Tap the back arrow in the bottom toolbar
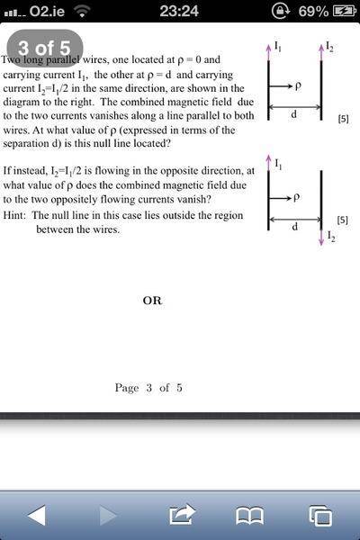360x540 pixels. [37, 515]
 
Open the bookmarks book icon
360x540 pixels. [249, 515]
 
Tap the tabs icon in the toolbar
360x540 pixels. [319, 515]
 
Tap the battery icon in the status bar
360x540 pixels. [345, 10]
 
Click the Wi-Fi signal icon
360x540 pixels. [83, 10]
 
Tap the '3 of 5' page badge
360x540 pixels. [46, 47]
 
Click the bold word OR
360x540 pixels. [152, 301]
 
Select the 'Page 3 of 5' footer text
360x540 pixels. [148, 388]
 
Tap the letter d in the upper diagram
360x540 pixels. [293, 114]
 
